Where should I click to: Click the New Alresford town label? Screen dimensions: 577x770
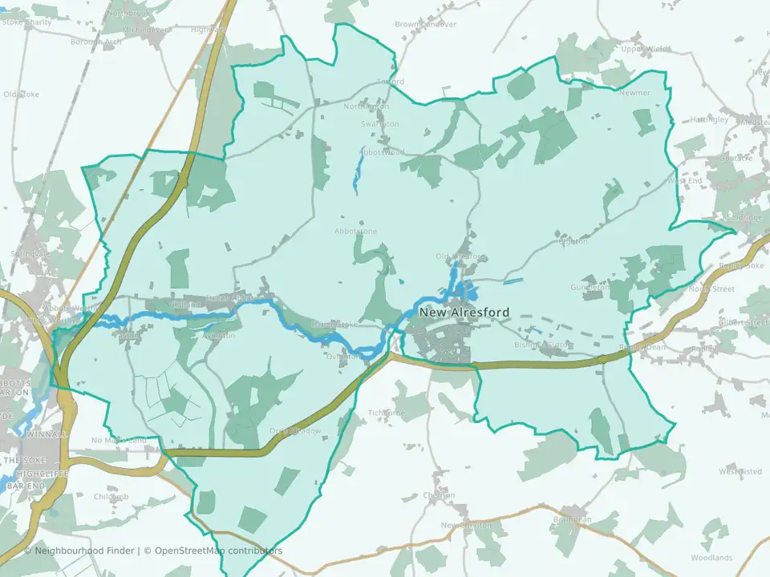coord(464,313)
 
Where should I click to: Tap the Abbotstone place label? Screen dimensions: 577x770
coord(355,232)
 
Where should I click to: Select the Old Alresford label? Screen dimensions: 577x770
coord(460,256)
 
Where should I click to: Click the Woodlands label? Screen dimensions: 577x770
coord(711,557)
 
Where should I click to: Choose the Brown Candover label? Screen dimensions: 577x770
coord(425,24)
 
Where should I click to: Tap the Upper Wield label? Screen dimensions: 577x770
coord(645,48)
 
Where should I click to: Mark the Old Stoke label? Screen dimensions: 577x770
coord(21,94)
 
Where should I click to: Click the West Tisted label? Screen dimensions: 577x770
coord(740,471)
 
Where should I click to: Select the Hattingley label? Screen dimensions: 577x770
coord(708,119)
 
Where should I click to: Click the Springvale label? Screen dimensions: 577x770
coord(30,253)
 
